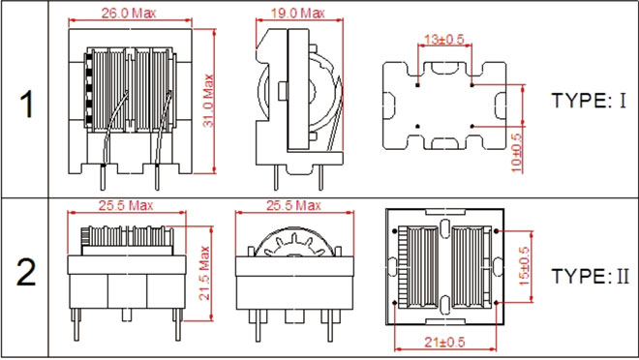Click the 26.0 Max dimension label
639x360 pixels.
129,13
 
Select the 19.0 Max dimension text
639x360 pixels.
298,13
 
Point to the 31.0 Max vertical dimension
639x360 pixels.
208,101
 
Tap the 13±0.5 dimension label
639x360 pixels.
444,40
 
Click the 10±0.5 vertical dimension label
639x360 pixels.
516,153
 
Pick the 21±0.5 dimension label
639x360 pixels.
444,342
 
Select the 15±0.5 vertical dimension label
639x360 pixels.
524,266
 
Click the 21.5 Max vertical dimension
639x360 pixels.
204,273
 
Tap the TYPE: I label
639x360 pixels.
589,101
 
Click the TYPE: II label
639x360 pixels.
590,276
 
